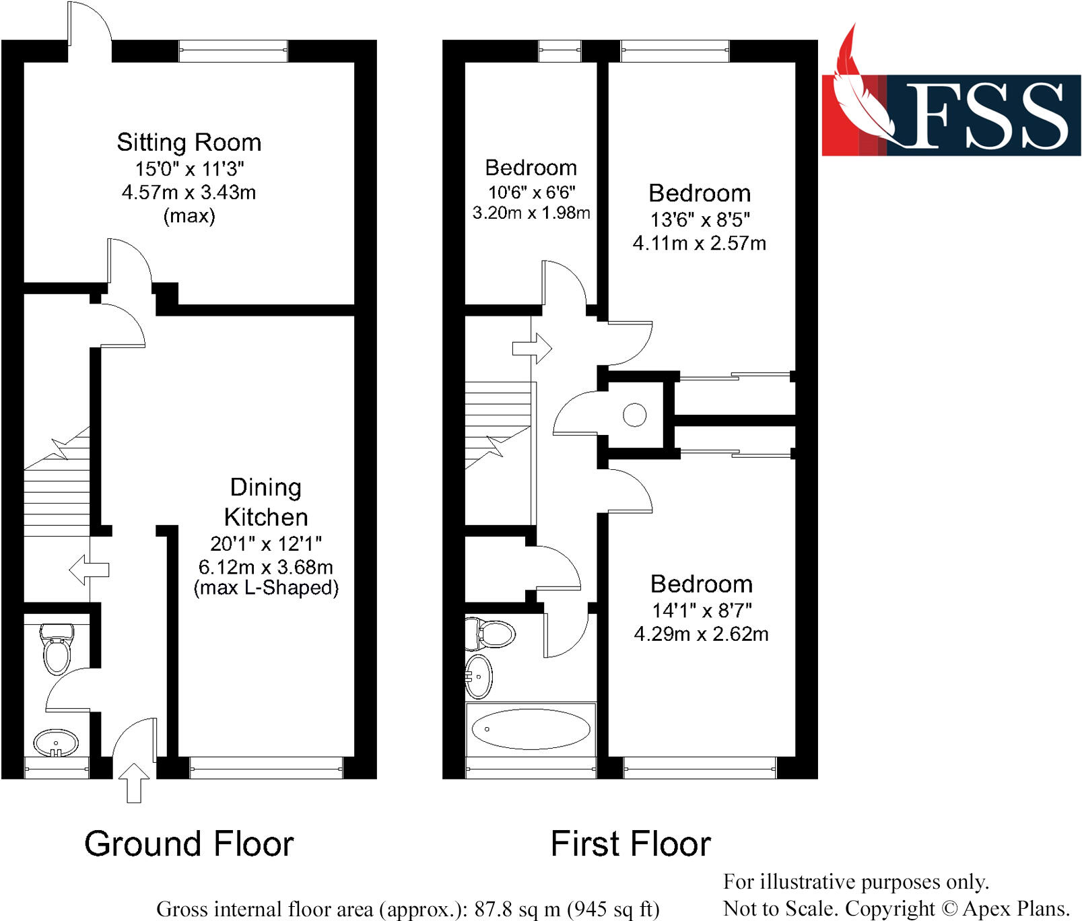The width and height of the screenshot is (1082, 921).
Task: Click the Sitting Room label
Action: [189, 143]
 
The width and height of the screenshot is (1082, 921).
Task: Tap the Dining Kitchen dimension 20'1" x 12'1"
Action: [266, 543]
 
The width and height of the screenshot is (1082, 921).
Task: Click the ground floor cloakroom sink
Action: [56, 743]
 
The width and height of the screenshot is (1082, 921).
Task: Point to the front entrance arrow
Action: [134, 782]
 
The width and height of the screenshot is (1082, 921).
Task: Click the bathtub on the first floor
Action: [531, 729]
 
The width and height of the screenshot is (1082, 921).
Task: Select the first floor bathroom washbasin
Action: [479, 676]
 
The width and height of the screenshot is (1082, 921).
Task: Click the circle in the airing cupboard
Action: [634, 415]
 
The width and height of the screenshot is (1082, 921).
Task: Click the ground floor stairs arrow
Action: [89, 570]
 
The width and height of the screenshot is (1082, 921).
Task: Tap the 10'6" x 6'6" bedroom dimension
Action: [531, 193]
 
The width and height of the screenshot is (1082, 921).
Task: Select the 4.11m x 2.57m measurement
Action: [699, 243]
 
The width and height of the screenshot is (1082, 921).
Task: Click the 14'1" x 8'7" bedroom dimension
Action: [701, 611]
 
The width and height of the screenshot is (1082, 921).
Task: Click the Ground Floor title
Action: [189, 844]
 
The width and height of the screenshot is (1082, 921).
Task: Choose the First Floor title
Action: [630, 844]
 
